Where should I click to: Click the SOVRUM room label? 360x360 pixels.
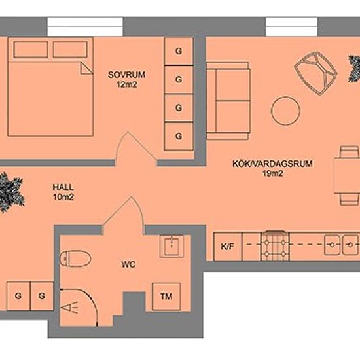point(126,75)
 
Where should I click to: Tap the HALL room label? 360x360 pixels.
point(63,187)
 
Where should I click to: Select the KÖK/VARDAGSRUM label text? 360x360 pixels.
point(272,164)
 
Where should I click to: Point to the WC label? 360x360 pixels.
point(128,264)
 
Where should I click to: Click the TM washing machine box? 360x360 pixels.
point(166,297)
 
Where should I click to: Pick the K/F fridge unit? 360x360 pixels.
point(228,247)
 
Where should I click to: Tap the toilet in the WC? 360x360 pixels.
point(75,259)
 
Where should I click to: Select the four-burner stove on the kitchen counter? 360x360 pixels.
point(275,245)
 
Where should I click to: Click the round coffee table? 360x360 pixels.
point(285,111)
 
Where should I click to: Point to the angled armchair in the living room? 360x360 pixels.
point(315,73)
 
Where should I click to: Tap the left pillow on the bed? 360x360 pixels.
point(31,49)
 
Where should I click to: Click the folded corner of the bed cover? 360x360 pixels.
point(86,68)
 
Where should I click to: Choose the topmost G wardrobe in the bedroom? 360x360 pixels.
point(179,51)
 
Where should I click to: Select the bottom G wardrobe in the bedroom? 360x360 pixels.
point(179,136)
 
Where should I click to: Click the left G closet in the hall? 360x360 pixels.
point(18,296)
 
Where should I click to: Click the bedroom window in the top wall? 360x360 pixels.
point(85,27)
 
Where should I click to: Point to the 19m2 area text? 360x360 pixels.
point(272,173)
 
